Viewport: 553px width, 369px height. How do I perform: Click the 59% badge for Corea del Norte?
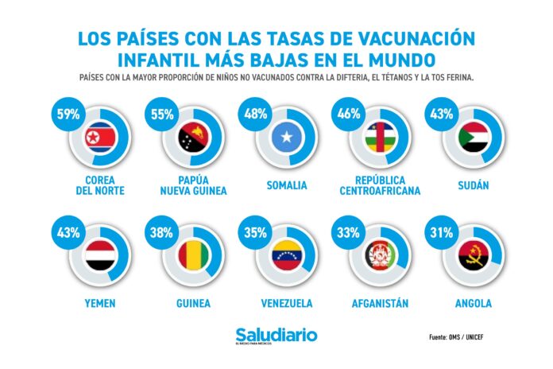tap(67, 114)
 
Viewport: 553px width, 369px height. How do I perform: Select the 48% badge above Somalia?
tap(254, 114)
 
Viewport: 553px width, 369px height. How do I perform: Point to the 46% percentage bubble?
tap(349, 114)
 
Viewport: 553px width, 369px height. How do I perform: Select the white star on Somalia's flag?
tap(287, 139)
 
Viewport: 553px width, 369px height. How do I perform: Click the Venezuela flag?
tap(287, 258)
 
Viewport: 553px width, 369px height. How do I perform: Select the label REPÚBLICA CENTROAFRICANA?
tap(381, 185)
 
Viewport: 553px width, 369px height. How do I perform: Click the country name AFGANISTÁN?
tap(381, 303)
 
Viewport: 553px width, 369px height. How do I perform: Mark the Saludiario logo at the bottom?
tap(276, 336)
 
